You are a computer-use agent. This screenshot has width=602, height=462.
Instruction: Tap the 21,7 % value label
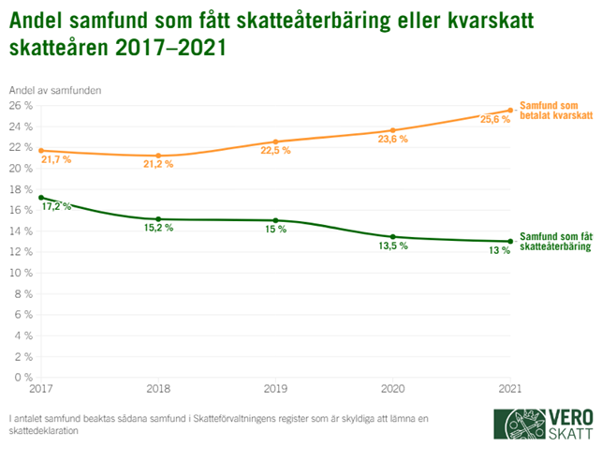tap(56, 159)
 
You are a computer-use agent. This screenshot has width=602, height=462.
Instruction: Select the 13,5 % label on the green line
tap(393, 246)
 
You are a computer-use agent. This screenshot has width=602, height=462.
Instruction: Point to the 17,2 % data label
tap(57, 206)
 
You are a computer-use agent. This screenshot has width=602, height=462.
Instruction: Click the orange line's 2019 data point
tap(276, 142)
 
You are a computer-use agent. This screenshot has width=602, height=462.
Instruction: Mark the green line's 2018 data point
tap(158, 219)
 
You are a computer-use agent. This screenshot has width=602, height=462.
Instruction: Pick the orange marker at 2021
tap(510, 110)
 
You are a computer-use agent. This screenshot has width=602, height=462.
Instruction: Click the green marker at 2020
tap(393, 237)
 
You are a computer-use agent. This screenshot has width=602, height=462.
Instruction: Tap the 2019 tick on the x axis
tap(276, 387)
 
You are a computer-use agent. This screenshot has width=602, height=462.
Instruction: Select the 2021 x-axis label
tap(509, 387)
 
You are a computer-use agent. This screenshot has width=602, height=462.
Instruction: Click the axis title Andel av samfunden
tap(55, 89)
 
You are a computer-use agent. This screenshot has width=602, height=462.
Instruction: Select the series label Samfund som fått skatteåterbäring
tap(556, 241)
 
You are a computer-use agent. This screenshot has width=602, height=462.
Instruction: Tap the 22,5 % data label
tap(275, 150)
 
